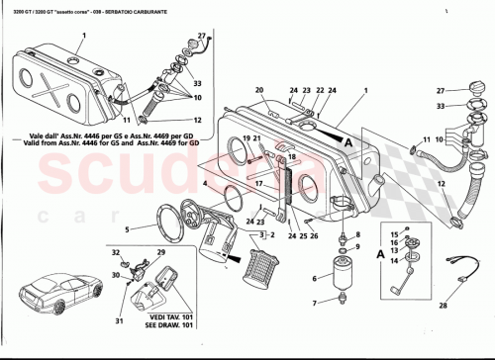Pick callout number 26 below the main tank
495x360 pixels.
point(314,236)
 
